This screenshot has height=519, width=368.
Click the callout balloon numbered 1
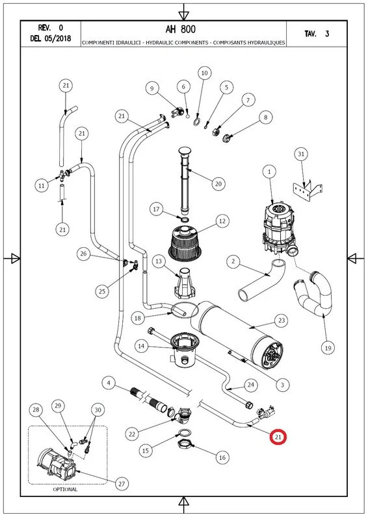coord(269,171)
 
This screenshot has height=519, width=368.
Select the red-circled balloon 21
coord(278,438)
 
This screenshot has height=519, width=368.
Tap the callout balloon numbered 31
coord(300,154)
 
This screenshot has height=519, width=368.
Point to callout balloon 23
coord(281,320)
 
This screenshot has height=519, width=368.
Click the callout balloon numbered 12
coord(222,222)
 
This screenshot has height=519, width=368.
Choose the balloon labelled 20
coord(218,184)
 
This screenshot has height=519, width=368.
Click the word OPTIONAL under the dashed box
coord(65,490)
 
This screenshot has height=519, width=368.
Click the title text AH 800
coord(184,30)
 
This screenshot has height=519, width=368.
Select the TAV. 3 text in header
coord(317,34)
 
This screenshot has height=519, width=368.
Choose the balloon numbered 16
coord(222,457)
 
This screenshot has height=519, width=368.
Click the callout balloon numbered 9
coord(152,88)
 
